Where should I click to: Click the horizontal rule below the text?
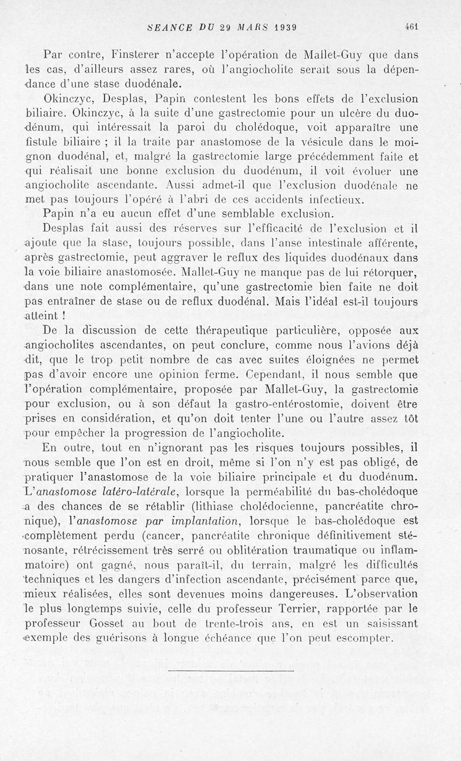tap(231, 672)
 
